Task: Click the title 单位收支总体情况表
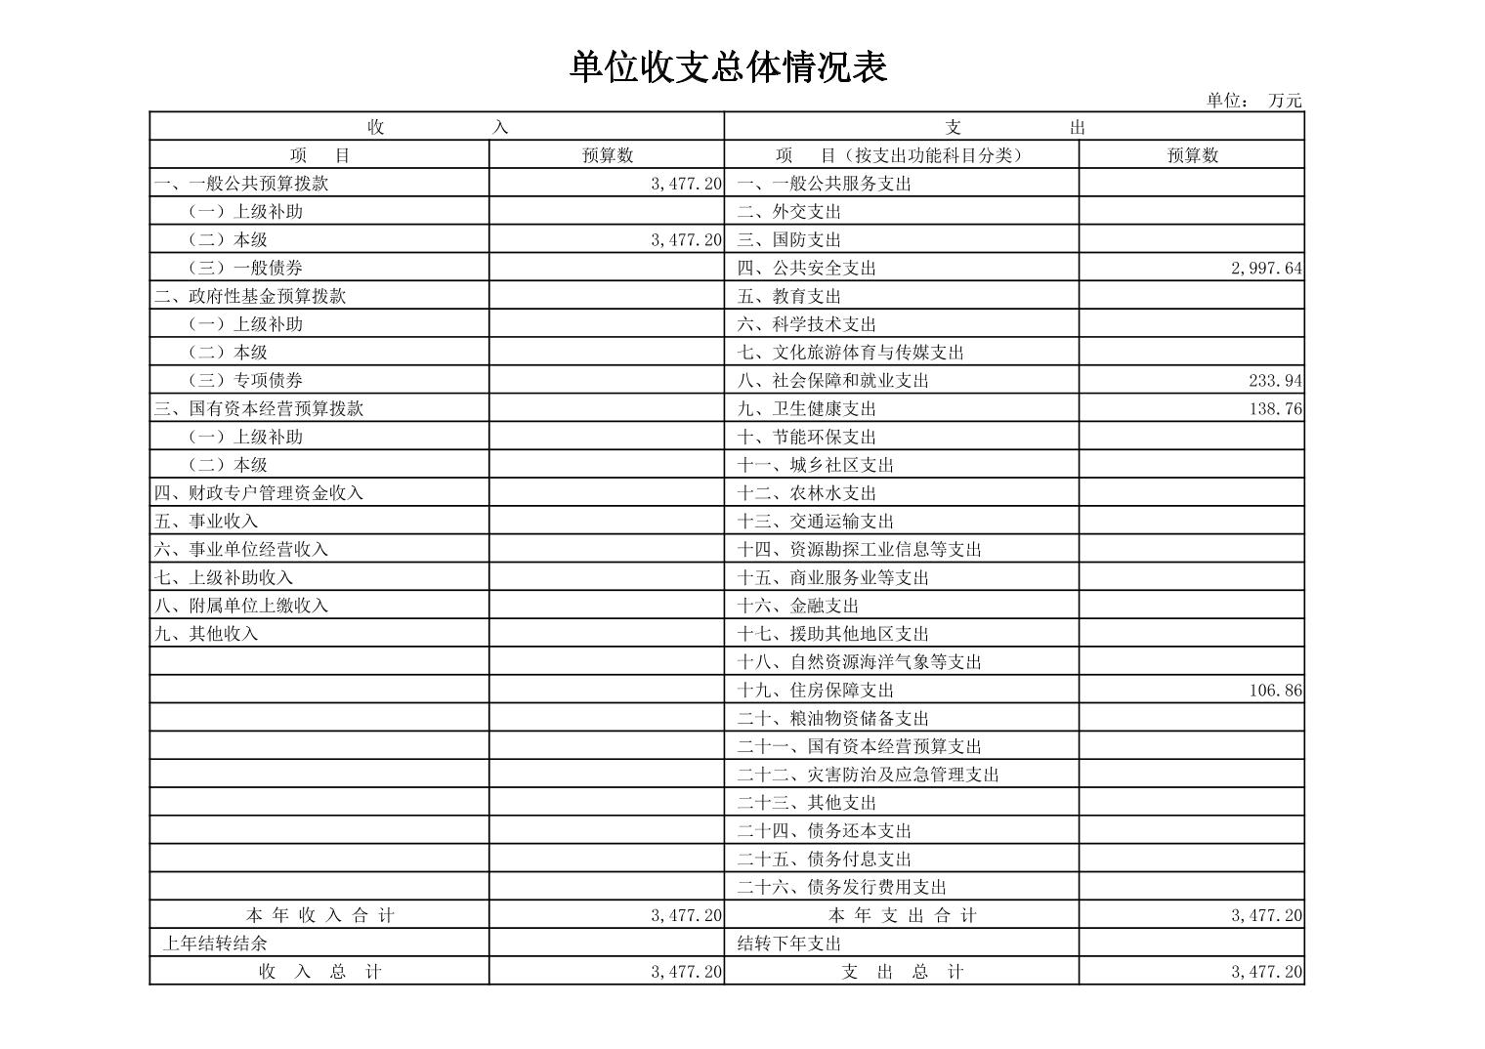pyautogui.click(x=728, y=67)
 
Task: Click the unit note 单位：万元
pyautogui.click(x=1253, y=100)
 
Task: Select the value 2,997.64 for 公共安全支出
pyautogui.click(x=1266, y=268)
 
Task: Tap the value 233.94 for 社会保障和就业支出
pyautogui.click(x=1275, y=381)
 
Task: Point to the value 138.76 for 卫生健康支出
pyautogui.click(x=1275, y=408)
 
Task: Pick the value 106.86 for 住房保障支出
pyautogui.click(x=1275, y=691)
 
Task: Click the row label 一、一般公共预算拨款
pyautogui.click(x=240, y=184)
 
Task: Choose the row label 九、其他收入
pyautogui.click(x=206, y=634)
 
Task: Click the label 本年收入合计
pyautogui.click(x=319, y=915)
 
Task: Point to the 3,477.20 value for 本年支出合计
pyautogui.click(x=1266, y=915)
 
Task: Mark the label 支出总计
pyautogui.click(x=902, y=972)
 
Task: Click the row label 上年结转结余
pyautogui.click(x=215, y=944)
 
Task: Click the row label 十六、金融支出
pyautogui.click(x=797, y=606)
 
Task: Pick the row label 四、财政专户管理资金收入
pyautogui.click(x=259, y=493)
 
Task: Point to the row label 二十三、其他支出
pyautogui.click(x=806, y=803)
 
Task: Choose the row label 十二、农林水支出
pyautogui.click(x=806, y=493)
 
